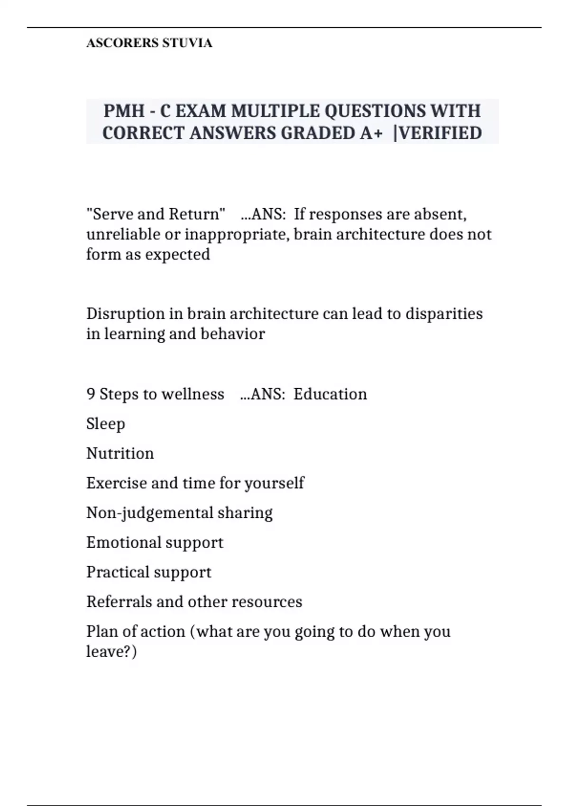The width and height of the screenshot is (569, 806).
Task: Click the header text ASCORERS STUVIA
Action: click(x=149, y=43)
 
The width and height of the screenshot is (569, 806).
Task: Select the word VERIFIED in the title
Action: click(x=441, y=133)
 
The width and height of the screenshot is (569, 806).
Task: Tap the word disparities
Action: click(x=444, y=314)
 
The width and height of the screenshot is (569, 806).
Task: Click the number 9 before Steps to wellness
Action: click(x=91, y=394)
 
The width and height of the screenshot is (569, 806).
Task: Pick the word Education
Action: click(x=330, y=394)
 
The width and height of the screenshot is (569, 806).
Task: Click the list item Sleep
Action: click(x=106, y=424)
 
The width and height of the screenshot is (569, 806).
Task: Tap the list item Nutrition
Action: click(x=120, y=454)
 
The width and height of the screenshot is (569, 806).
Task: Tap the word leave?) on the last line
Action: click(x=111, y=652)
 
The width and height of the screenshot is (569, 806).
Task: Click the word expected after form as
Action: click(x=177, y=255)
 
